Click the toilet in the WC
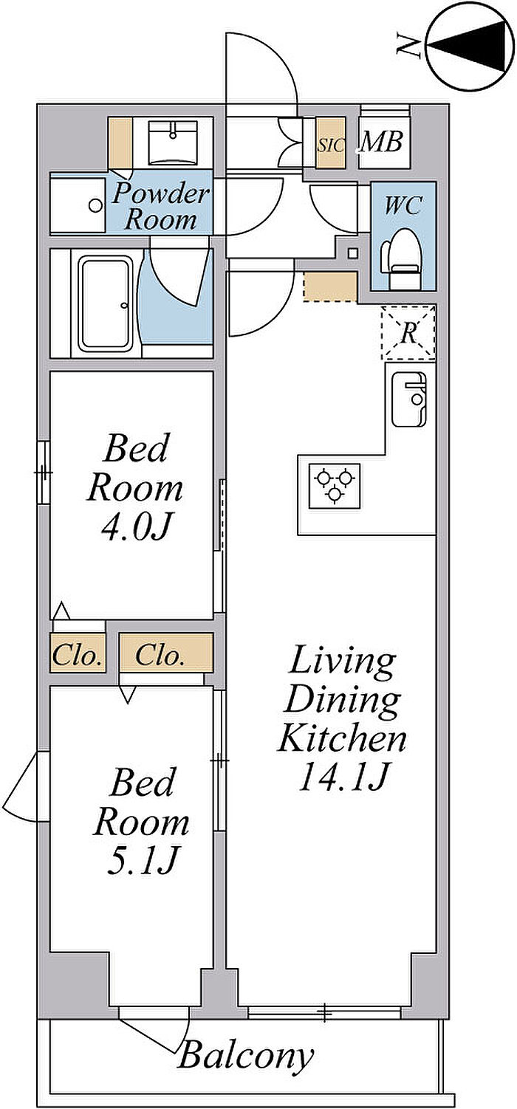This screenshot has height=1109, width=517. (400, 259)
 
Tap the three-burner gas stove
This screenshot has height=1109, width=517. (335, 486)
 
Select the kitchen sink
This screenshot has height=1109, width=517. (408, 399)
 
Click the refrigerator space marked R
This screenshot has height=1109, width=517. (408, 333)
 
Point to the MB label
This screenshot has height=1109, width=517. (381, 143)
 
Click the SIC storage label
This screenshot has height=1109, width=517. (331, 145)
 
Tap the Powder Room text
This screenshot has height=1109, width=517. (160, 207)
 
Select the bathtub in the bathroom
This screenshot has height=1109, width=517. (107, 304)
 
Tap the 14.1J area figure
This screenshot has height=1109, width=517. (343, 776)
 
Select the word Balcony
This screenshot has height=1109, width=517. (246, 1056)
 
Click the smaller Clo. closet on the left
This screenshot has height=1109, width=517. (78, 656)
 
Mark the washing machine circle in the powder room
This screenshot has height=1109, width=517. (95, 205)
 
